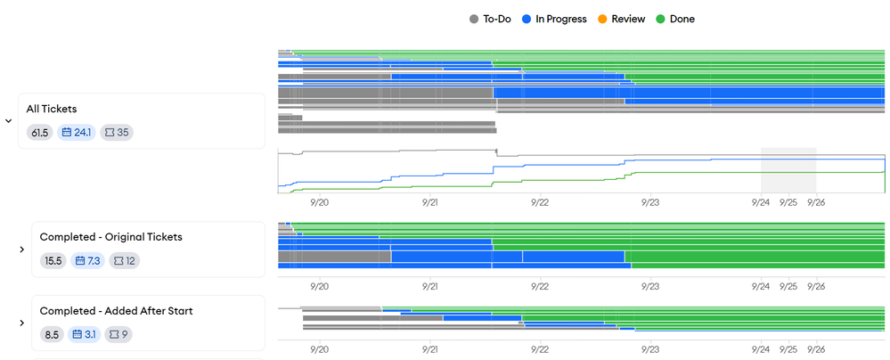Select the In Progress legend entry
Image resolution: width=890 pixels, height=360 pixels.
[x=554, y=19]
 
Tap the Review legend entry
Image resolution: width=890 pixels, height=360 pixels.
[x=622, y=19]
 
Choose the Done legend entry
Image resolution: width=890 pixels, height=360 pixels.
[x=675, y=19]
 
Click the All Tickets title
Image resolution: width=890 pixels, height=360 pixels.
[x=52, y=109]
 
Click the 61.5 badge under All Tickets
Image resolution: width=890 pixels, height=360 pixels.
[x=39, y=133]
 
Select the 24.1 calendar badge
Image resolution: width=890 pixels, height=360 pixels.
[x=77, y=133]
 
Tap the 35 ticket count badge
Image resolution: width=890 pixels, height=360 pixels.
[x=117, y=133]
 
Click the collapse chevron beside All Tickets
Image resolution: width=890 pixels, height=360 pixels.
[x=9, y=121]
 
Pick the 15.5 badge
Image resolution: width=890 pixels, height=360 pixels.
[x=53, y=261]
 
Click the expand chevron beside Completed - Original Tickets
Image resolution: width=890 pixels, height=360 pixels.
[x=21, y=250]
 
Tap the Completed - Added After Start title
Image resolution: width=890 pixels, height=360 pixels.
[x=116, y=311]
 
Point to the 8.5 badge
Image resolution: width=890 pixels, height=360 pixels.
[x=51, y=335]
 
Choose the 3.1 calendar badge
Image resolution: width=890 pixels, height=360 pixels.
[x=85, y=335]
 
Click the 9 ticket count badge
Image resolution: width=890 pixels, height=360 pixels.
[x=118, y=335]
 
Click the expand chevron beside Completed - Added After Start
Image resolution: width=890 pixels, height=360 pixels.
[x=21, y=323]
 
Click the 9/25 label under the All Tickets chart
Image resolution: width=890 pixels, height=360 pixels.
[x=788, y=202]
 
